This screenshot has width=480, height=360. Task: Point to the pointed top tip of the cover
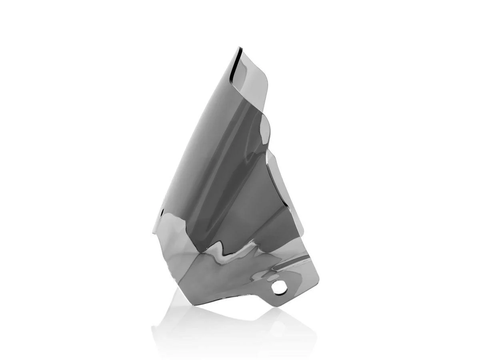(x=239, y=48)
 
